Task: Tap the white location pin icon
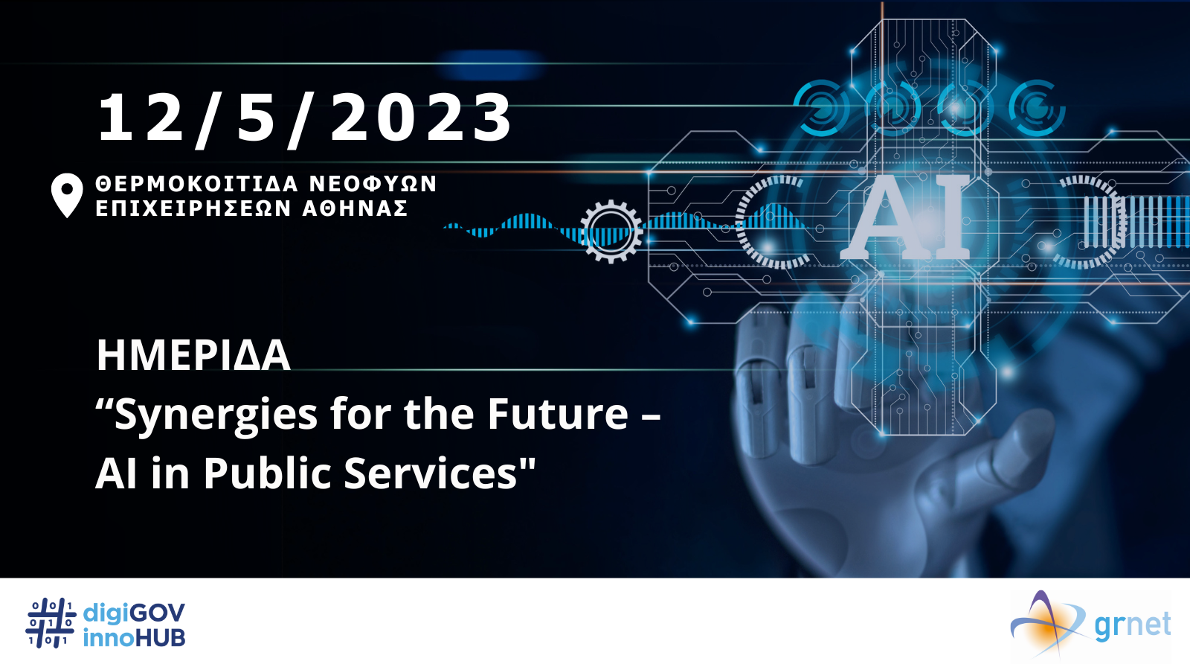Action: [67, 195]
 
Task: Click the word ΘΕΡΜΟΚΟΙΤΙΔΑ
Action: [196, 184]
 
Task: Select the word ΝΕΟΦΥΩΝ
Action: [373, 184]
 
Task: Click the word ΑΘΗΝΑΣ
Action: [355, 208]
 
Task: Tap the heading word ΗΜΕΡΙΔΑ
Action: [193, 355]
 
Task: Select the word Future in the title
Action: [558, 413]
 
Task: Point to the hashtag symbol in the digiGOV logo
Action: [51, 623]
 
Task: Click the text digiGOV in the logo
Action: [134, 614]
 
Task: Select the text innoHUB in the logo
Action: [134, 637]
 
